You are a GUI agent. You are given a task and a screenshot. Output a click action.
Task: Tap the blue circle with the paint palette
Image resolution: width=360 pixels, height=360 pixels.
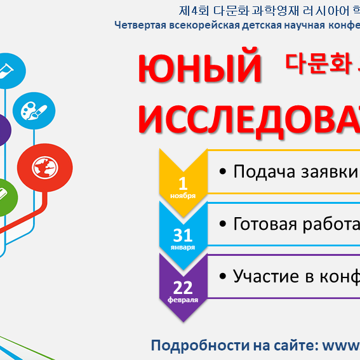click(x=30, y=111)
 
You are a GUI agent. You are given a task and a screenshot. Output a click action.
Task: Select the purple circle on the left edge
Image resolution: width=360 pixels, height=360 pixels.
click(x=3, y=130)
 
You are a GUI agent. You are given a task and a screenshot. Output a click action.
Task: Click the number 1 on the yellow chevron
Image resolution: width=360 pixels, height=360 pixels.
click(x=183, y=184)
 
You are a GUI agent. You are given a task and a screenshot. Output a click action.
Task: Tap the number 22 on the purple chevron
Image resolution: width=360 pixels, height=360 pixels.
click(x=183, y=288)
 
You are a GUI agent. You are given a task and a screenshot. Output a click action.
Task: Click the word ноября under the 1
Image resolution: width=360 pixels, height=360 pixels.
click(x=183, y=196)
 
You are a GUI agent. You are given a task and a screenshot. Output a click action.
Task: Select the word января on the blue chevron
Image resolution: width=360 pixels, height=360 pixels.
click(x=183, y=247)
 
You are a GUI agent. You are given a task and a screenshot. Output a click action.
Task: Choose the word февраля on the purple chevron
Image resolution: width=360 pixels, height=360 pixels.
click(x=183, y=298)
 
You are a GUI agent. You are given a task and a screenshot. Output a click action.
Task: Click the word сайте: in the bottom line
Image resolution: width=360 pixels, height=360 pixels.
click(x=293, y=345)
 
